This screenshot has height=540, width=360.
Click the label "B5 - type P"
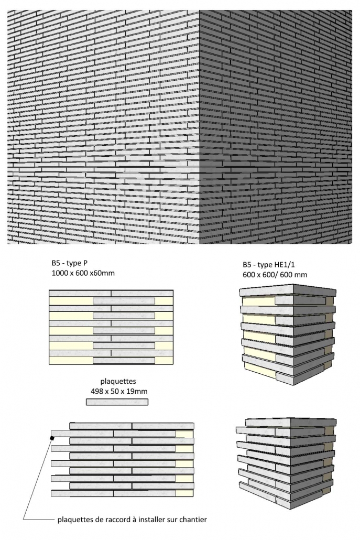(70, 263)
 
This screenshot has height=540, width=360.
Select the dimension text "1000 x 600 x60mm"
(83, 274)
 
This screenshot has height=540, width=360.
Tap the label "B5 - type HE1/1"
(268, 264)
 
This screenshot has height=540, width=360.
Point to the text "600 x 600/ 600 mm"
(275, 275)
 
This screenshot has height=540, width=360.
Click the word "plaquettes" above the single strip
(118, 382)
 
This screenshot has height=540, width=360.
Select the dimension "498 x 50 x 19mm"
(119, 392)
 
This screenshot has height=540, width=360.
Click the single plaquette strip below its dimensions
(117, 402)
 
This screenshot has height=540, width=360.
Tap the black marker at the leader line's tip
(52, 438)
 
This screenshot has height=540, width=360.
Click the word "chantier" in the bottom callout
(193, 520)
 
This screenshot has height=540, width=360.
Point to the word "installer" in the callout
(152, 520)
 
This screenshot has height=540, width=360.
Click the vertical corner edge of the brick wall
(200, 127)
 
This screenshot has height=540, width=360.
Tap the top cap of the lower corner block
(291, 422)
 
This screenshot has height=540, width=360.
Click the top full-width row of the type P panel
(111, 294)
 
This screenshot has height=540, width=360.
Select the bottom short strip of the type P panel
(124, 361)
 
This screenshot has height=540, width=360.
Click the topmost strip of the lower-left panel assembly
(132, 426)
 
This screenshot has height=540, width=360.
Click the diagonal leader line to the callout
(38, 479)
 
